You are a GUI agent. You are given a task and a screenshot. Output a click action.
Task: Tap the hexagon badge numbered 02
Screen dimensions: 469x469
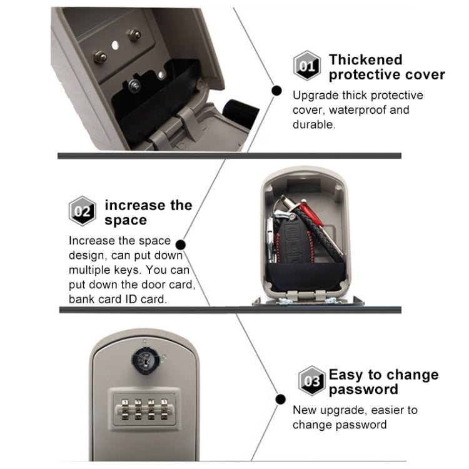tap(82, 211)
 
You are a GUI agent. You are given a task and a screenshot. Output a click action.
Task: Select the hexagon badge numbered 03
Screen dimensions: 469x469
tap(311, 381)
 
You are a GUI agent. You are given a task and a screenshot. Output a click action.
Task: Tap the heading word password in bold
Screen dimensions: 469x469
tap(363, 390)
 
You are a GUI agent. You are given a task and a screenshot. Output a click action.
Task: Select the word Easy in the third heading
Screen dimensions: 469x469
tap(345, 375)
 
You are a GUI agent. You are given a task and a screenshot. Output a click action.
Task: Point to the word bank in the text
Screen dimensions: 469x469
tap(81, 299)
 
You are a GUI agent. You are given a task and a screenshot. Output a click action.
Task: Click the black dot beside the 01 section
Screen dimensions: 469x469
tap(276, 91)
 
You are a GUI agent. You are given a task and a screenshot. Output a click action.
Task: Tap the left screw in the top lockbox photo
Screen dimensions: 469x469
tap(99, 58)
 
